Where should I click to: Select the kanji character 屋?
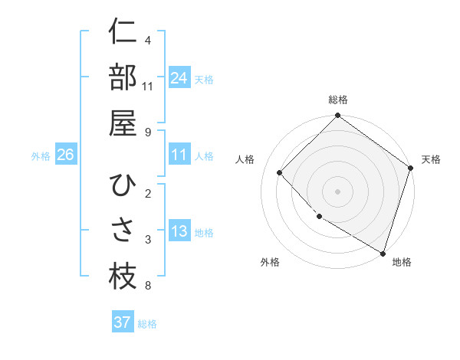[123, 122]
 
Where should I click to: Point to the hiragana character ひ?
[123, 185]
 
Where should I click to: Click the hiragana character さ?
[123, 231]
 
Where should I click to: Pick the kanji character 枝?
[123, 276]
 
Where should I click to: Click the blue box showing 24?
[179, 77]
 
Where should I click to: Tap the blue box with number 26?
[65, 155]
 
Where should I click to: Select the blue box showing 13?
[179, 231]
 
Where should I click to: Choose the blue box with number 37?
[123, 322]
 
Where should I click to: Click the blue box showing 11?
[179, 155]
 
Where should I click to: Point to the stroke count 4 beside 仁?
[147, 40]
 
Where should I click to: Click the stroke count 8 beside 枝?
[147, 286]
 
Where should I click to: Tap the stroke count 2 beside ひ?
[147, 193]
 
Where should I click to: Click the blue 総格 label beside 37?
[147, 324]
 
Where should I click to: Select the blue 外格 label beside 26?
[41, 156]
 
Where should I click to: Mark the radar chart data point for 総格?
[337, 117]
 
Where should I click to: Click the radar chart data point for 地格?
[383, 252]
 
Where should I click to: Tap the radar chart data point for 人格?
[280, 172]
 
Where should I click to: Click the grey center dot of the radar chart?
[337, 191]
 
